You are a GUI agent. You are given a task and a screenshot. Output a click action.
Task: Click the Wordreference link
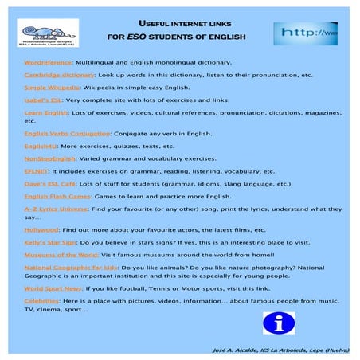pos(49,61)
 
